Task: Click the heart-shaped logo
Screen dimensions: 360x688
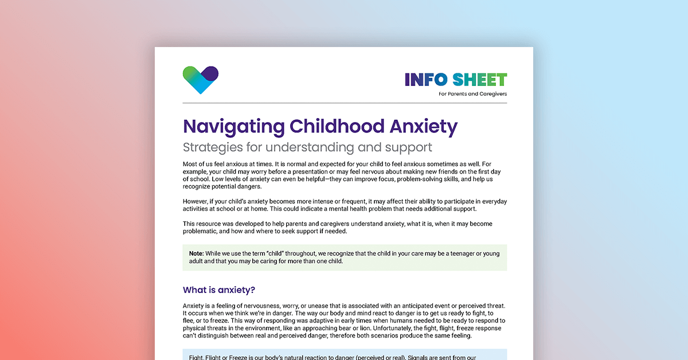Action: (x=201, y=80)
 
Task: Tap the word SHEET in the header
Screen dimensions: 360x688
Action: (x=479, y=80)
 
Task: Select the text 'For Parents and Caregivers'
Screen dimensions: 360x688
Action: (x=472, y=94)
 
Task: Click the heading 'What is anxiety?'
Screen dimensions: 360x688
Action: (x=219, y=289)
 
